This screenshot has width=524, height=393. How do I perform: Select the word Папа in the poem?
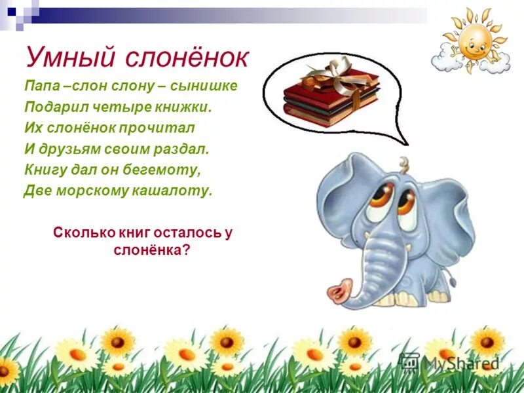coord(41,86)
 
